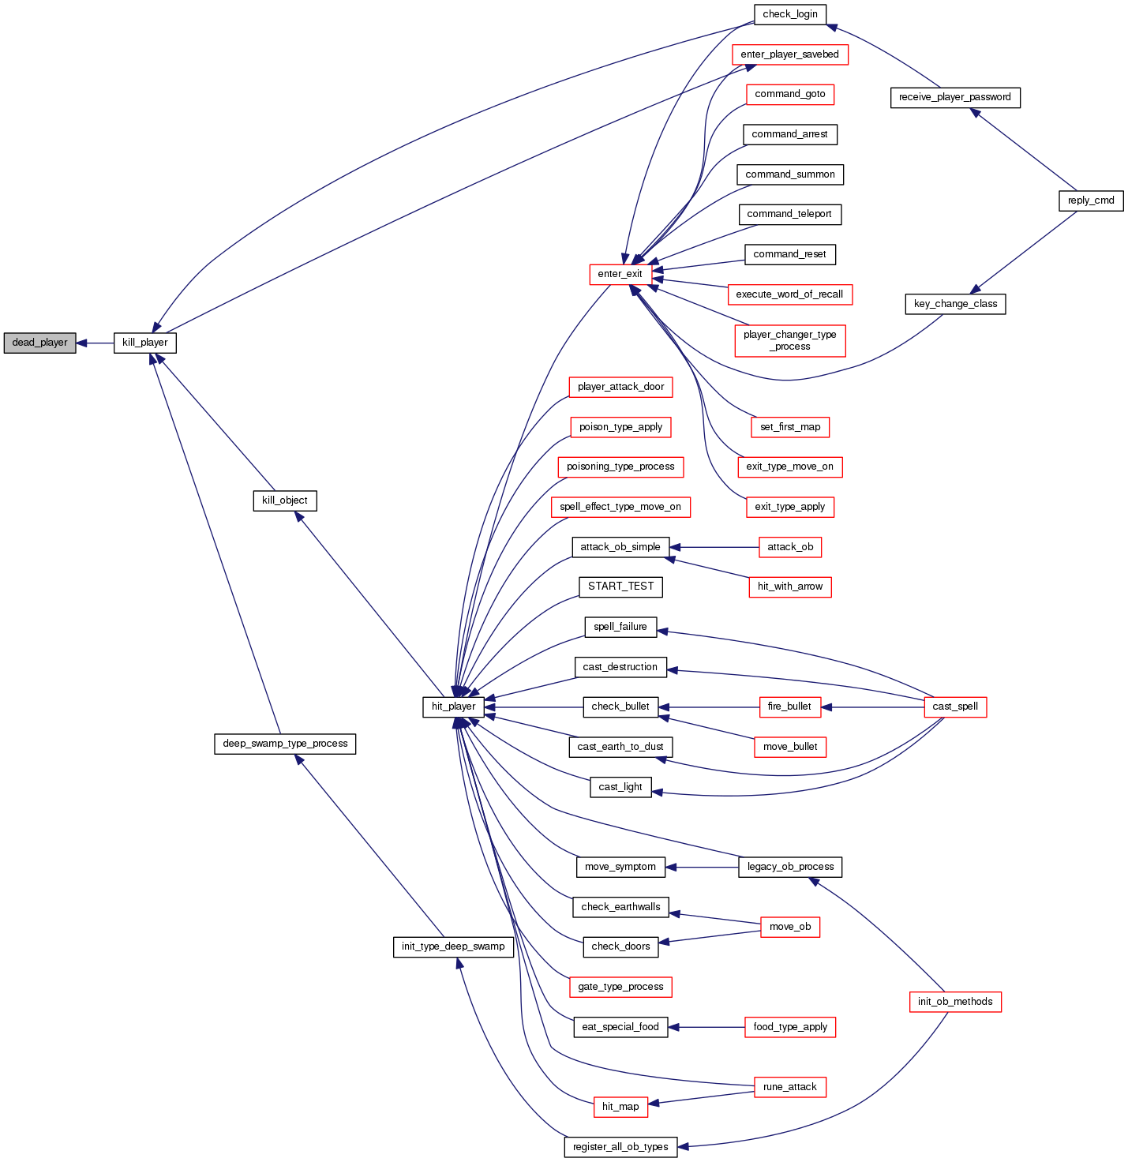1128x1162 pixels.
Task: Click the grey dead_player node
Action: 39,343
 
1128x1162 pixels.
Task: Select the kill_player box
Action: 145,343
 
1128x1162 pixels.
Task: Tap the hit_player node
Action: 454,707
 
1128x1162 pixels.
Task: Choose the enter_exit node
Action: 620,274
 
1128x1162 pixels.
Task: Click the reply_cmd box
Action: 1091,201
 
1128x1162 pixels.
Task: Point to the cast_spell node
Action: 955,707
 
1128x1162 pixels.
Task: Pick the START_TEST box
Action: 621,587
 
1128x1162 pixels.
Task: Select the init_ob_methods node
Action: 955,1002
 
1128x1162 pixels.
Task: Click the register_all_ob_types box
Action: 621,1147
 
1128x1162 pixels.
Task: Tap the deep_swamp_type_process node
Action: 285,744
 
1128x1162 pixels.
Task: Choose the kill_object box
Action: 285,500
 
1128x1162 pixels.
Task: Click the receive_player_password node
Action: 955,97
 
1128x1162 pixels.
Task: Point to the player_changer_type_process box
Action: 790,340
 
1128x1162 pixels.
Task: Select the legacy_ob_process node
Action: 790,867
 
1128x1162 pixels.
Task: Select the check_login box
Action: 790,14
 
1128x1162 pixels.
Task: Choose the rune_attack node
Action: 790,1087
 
